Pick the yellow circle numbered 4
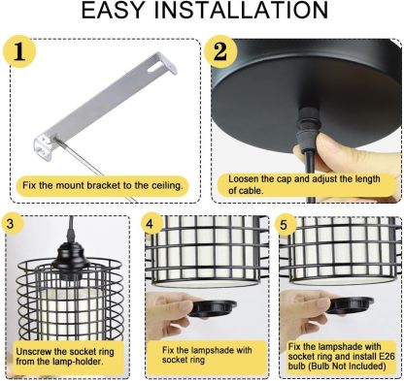point(151,224)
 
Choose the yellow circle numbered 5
point(285,224)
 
